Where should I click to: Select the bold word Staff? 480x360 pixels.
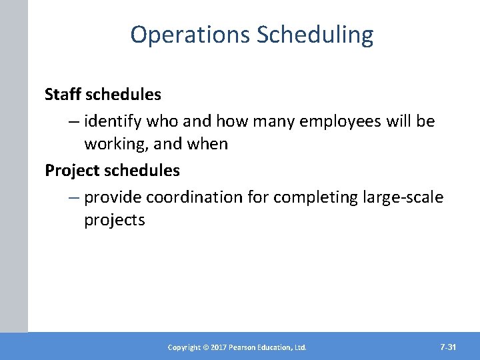pyautogui.click(x=61, y=95)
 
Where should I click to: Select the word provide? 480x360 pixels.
pyautogui.click(x=113, y=197)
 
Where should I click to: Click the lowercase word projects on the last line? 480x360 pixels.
pyautogui.click(x=114, y=220)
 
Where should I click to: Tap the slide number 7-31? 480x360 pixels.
pyautogui.click(x=448, y=347)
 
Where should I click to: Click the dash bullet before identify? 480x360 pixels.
pyautogui.click(x=73, y=122)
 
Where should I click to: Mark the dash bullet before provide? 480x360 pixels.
pyautogui.click(x=73, y=198)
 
